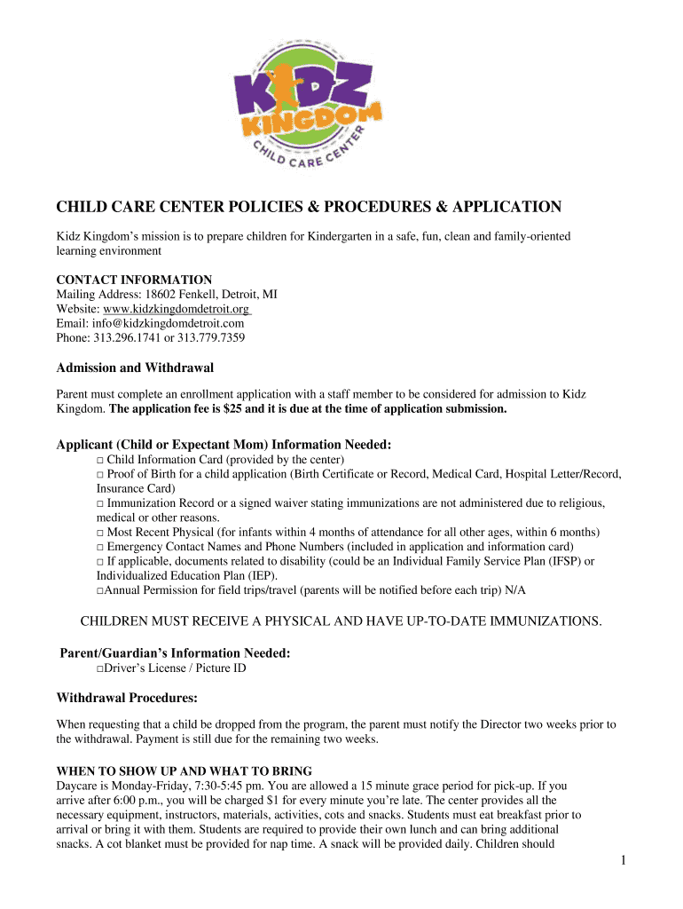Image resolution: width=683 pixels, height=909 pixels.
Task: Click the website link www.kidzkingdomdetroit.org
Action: click(177, 309)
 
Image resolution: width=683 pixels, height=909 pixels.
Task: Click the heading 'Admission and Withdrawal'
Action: click(135, 367)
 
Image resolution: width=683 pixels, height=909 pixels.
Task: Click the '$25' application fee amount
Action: click(245, 408)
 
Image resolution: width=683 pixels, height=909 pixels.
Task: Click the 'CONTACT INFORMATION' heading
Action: click(134, 280)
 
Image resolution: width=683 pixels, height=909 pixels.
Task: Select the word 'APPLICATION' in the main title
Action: click(503, 207)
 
